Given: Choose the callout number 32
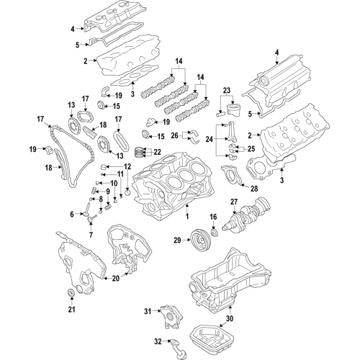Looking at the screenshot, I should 158,343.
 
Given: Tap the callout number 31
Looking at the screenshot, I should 147,311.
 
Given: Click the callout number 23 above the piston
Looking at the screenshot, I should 228,90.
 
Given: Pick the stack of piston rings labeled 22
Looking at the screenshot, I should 143,152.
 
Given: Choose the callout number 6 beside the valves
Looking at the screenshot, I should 73,214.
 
